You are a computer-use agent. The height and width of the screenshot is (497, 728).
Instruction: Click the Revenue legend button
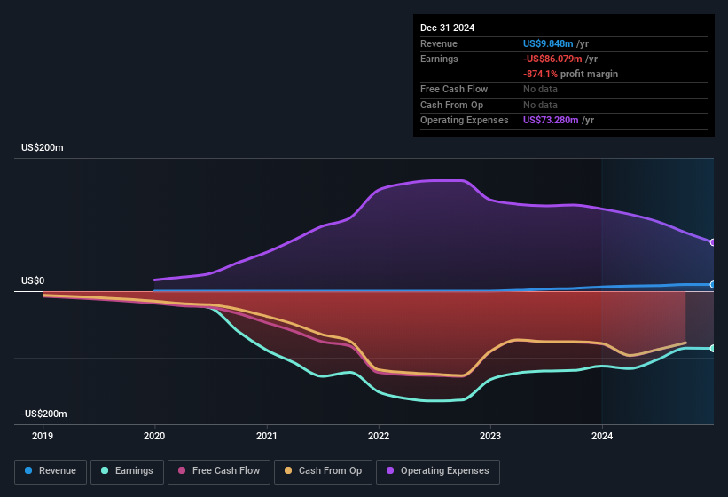(x=51, y=471)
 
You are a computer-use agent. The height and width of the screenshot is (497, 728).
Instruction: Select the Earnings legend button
(x=126, y=471)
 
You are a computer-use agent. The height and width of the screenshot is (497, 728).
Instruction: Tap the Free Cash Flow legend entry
(x=217, y=471)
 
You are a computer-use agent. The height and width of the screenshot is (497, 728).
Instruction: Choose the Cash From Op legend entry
(x=323, y=471)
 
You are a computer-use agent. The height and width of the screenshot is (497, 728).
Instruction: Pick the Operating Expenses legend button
(x=437, y=471)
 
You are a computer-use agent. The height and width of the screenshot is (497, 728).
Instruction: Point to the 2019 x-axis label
(x=43, y=436)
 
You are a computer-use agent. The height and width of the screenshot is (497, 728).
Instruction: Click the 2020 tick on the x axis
(x=154, y=436)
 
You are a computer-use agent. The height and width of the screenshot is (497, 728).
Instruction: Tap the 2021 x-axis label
(x=266, y=436)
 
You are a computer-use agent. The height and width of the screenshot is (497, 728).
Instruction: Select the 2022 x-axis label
(x=379, y=436)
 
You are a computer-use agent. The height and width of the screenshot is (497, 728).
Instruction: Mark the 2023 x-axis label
(x=490, y=436)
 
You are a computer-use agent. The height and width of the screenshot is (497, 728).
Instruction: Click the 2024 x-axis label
(x=602, y=436)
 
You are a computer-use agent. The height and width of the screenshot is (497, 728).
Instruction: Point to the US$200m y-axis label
(x=43, y=147)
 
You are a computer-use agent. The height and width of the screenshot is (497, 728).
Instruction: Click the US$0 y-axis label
(x=33, y=280)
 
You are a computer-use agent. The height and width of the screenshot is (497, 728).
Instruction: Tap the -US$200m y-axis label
(x=44, y=414)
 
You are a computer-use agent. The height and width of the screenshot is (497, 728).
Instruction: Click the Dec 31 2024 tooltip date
(x=448, y=28)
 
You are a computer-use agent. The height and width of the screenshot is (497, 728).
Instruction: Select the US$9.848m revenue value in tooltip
(x=551, y=43)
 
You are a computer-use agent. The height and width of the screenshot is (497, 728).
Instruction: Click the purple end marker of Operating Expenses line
(x=713, y=242)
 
